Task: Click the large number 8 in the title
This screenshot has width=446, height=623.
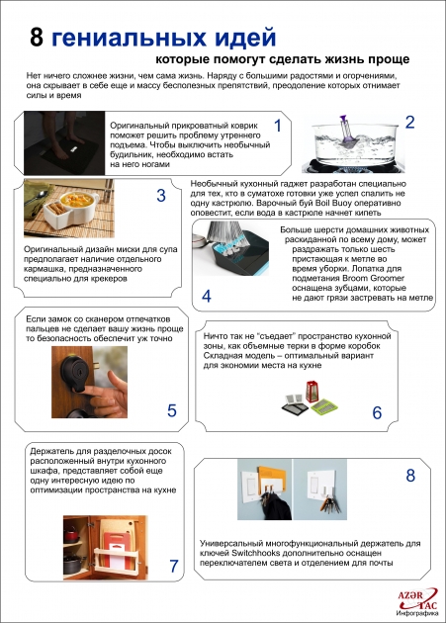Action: coord(37,38)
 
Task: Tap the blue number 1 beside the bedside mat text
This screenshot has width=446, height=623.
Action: coord(278,126)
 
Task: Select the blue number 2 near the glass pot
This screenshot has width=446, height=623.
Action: coord(409,122)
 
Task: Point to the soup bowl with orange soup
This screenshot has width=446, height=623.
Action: coord(74,206)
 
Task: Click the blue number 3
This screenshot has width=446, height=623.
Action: coord(160,195)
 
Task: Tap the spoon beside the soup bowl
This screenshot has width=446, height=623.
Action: coord(38,198)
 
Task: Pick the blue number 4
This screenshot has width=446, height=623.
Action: coord(207,297)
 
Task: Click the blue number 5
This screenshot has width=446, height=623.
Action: coord(172,410)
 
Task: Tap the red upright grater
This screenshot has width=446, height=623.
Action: coord(312,392)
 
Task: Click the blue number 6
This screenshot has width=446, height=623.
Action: coord(377,413)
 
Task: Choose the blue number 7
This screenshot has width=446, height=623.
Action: coord(174,567)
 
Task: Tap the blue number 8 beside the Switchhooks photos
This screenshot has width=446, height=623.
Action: coord(410,476)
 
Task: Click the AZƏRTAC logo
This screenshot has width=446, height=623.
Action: coord(417,603)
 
